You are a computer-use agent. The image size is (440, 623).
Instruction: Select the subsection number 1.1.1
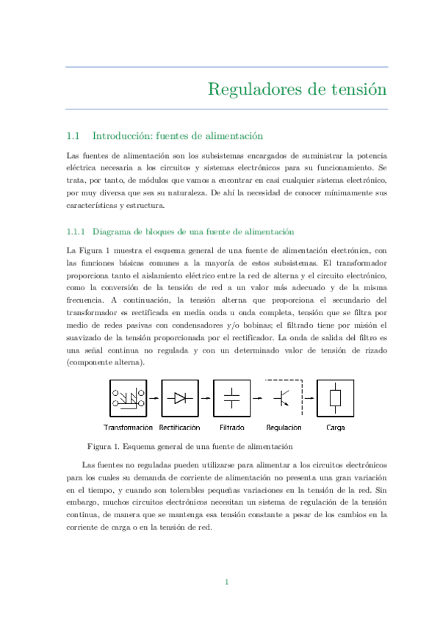click(76, 231)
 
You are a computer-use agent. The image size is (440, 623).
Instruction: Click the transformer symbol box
click(128, 398)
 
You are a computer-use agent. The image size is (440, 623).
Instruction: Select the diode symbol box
click(180, 398)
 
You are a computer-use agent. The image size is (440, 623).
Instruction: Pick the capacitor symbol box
click(231, 398)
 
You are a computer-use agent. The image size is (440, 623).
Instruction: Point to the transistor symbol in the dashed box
click(284, 398)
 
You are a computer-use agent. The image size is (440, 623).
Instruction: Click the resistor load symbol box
click(335, 398)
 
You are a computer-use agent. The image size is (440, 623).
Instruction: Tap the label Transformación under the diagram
click(129, 428)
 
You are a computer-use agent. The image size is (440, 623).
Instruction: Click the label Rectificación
click(180, 428)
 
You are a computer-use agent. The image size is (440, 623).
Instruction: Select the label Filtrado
click(231, 428)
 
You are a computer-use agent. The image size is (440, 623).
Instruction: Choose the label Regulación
click(284, 428)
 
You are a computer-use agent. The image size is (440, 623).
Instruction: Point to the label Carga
click(335, 428)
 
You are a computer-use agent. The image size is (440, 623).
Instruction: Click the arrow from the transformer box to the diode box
click(154, 398)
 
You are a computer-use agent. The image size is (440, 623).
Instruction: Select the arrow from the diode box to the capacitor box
click(206, 398)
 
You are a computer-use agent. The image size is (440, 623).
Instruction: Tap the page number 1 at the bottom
click(227, 582)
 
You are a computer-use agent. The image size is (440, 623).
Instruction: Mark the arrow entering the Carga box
click(309, 398)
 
